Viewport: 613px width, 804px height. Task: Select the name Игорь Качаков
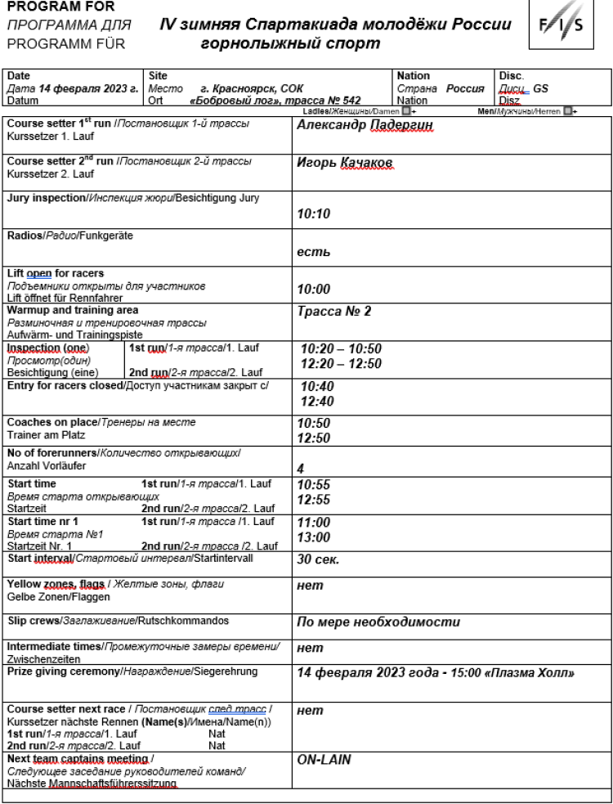tap(347, 164)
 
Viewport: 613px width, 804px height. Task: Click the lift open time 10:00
tap(312, 290)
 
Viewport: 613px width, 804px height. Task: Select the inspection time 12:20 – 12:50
tap(341, 363)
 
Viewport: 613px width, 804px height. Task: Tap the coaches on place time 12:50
tap(314, 438)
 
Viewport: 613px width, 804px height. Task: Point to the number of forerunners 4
tap(302, 469)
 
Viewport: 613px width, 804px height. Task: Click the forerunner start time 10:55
tap(314, 484)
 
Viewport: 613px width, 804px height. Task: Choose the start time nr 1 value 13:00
tap(314, 537)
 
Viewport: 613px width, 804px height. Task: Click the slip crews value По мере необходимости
tap(378, 622)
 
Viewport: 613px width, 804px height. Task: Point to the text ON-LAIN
tap(324, 760)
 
